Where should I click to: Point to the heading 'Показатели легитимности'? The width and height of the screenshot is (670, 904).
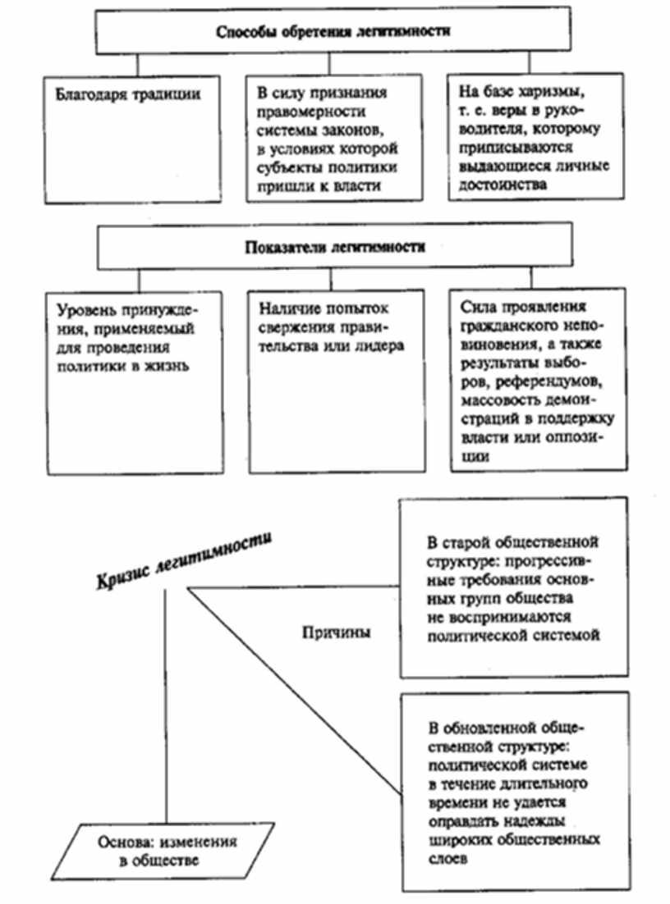[x=333, y=247]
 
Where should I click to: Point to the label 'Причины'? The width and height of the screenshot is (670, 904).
[x=335, y=632]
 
